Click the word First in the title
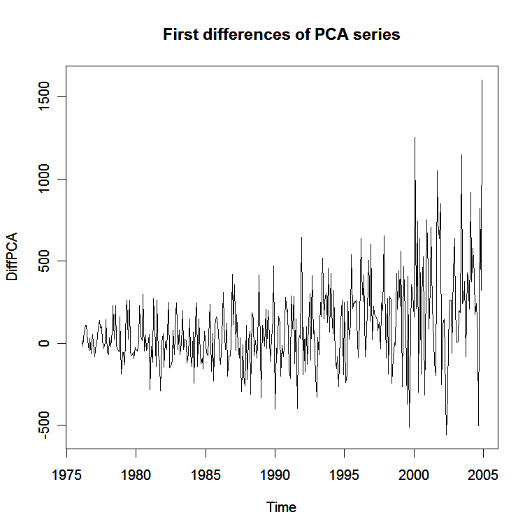pyautogui.click(x=179, y=34)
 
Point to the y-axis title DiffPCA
pyautogui.click(x=13, y=256)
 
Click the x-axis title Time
pyautogui.click(x=281, y=508)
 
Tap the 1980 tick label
pyautogui.click(x=136, y=474)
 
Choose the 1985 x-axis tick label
pyautogui.click(x=206, y=474)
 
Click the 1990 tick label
pyautogui.click(x=275, y=474)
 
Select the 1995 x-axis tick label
pyautogui.click(x=345, y=474)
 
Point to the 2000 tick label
pyautogui.click(x=414, y=474)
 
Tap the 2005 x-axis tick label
pyautogui.click(x=483, y=474)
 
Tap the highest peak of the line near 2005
pyautogui.click(x=482, y=80)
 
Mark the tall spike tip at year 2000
pyautogui.click(x=415, y=138)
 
